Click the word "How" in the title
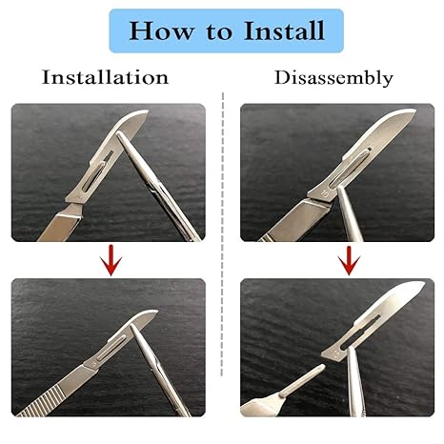point(162,30)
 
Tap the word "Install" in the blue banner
point(284,30)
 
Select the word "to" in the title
point(219,31)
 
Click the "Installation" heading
point(105,77)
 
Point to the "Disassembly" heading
point(333,78)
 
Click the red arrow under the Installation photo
point(111,260)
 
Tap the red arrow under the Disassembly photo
point(349,260)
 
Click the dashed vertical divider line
point(222,234)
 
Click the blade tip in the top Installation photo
point(148,111)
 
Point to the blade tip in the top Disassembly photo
point(414,111)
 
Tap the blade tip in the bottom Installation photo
point(156,312)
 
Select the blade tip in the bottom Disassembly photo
point(424,282)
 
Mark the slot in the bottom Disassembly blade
point(361,332)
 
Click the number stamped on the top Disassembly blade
point(325,192)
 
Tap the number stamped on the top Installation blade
point(79,196)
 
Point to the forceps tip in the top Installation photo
point(119,134)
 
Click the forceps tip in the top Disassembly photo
point(340,189)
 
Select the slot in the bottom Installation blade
point(111,348)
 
